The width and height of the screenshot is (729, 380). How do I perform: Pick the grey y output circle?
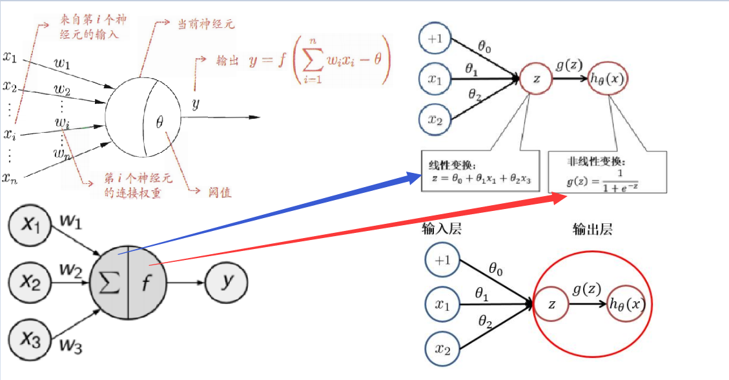point(226,283)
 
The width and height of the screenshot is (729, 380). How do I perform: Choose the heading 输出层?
point(591,229)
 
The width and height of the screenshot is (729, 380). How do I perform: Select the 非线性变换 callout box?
point(606,172)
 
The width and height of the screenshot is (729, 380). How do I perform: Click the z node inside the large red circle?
point(551,303)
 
